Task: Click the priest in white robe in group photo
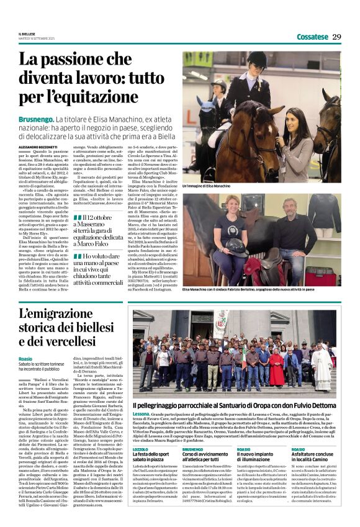coord(320,364)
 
